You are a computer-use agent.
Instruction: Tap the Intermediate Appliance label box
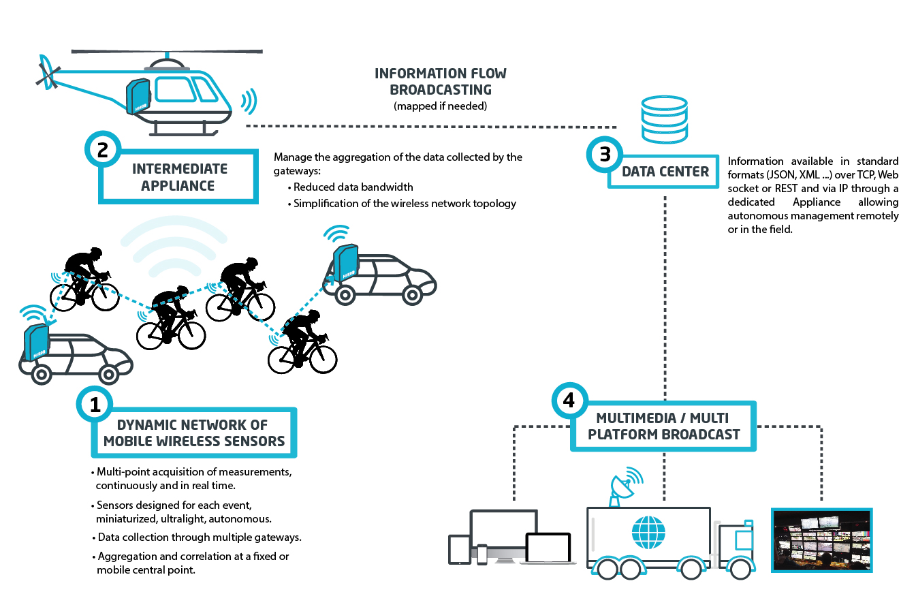180,177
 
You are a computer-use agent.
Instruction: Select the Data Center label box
665,172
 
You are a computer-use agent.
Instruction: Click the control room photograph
821,540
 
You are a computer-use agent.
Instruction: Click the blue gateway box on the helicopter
138,97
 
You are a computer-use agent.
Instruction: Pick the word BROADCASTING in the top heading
440,89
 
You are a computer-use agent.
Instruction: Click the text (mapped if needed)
440,106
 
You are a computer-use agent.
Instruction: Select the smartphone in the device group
482,554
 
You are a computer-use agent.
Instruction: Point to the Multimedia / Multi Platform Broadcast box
663,426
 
